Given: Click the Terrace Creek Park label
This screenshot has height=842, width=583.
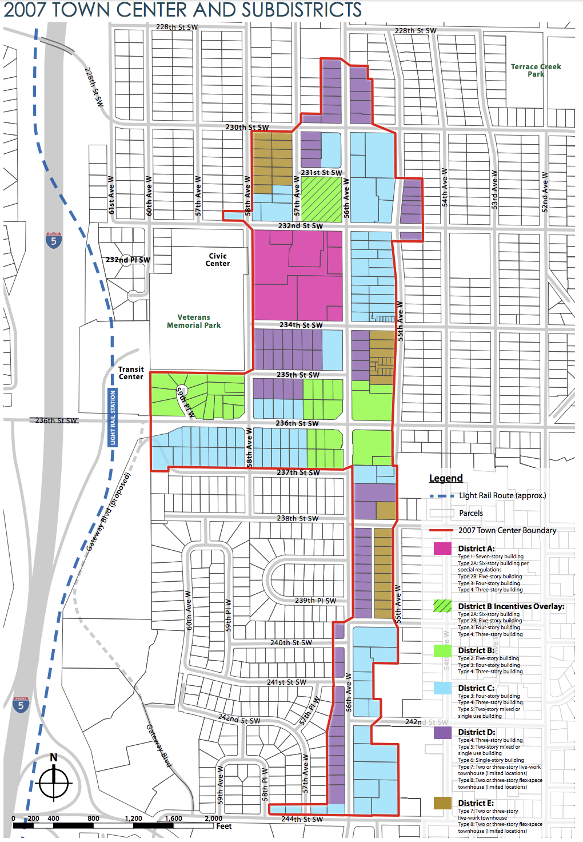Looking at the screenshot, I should (x=536, y=70).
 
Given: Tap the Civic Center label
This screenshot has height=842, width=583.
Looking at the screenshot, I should (x=218, y=260).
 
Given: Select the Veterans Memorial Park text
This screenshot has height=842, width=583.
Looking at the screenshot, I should (x=194, y=321).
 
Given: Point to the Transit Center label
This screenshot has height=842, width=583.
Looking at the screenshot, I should (x=131, y=373).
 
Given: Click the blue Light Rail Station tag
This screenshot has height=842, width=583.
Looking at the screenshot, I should (x=113, y=418).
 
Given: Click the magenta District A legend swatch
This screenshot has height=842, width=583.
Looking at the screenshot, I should (x=442, y=549).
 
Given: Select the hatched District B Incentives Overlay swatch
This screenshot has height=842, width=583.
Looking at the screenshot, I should (x=442, y=606).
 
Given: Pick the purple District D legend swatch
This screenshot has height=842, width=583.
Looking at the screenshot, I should (x=442, y=732).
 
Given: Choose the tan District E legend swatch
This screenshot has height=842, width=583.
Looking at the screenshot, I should (x=442, y=803).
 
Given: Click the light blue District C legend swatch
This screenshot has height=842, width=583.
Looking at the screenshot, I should (x=442, y=688).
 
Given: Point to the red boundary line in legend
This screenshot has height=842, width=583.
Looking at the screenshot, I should (x=441, y=531).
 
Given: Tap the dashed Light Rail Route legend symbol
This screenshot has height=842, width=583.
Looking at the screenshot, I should (x=441, y=496).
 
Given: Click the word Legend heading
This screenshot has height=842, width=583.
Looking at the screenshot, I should (x=446, y=478).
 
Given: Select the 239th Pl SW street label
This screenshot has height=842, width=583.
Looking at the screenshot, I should (x=316, y=601).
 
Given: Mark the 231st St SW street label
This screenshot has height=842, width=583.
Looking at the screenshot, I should (x=321, y=172).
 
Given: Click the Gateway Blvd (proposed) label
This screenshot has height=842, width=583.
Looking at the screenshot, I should (x=109, y=512).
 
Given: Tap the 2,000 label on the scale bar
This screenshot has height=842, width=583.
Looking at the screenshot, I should (x=213, y=819).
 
